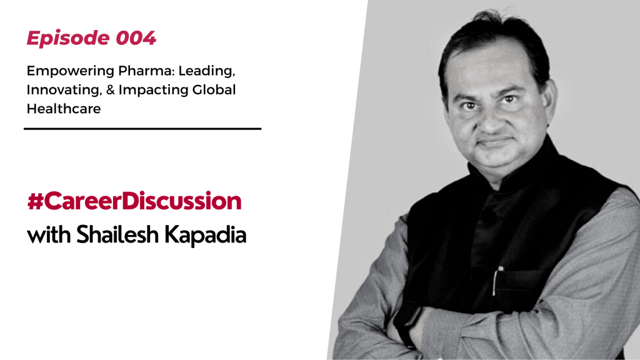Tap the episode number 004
pos(136,39)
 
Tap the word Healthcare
pos(63,108)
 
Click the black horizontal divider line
pos(142,129)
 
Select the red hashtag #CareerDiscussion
pos(134,202)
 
